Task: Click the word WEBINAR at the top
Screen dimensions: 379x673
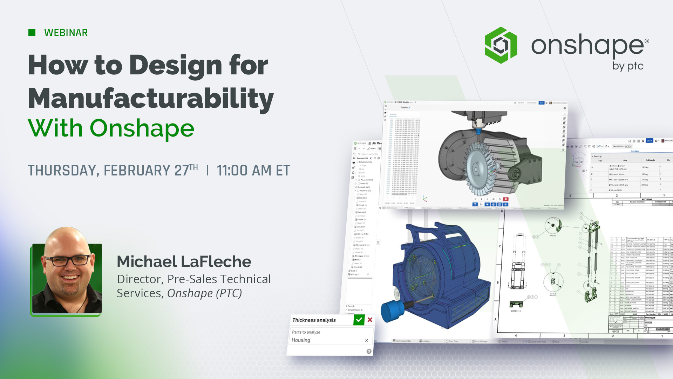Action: pos(66,33)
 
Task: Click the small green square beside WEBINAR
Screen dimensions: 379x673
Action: pos(32,33)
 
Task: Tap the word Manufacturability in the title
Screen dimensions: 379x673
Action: pos(151,99)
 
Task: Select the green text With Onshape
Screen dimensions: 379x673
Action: pos(111,128)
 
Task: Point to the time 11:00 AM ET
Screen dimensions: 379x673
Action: pos(253,171)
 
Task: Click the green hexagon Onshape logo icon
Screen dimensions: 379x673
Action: pos(501,45)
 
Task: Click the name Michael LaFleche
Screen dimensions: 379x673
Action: pos(184,262)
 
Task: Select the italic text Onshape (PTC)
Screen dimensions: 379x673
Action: pos(204,293)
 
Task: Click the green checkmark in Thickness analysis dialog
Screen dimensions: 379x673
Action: pos(359,320)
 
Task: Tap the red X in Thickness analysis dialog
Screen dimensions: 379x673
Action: pos(370,320)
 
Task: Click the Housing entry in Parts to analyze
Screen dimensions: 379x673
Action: pos(301,340)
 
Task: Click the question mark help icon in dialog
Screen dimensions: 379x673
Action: pos(369,351)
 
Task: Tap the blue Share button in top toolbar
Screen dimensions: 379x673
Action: pos(649,141)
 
